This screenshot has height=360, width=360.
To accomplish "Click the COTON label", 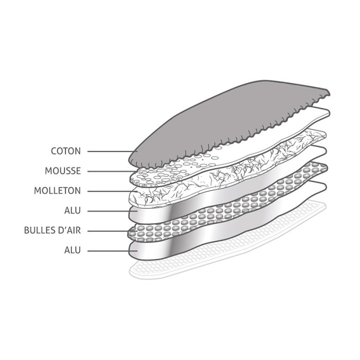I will [65, 151].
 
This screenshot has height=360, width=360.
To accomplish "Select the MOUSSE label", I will [63, 171].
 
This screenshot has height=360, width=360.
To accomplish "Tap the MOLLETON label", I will [57, 191].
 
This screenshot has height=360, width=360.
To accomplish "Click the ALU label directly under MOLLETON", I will [73, 210].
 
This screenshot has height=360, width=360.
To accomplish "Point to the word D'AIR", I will [68, 230].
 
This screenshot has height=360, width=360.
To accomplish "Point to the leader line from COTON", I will [108, 151].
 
